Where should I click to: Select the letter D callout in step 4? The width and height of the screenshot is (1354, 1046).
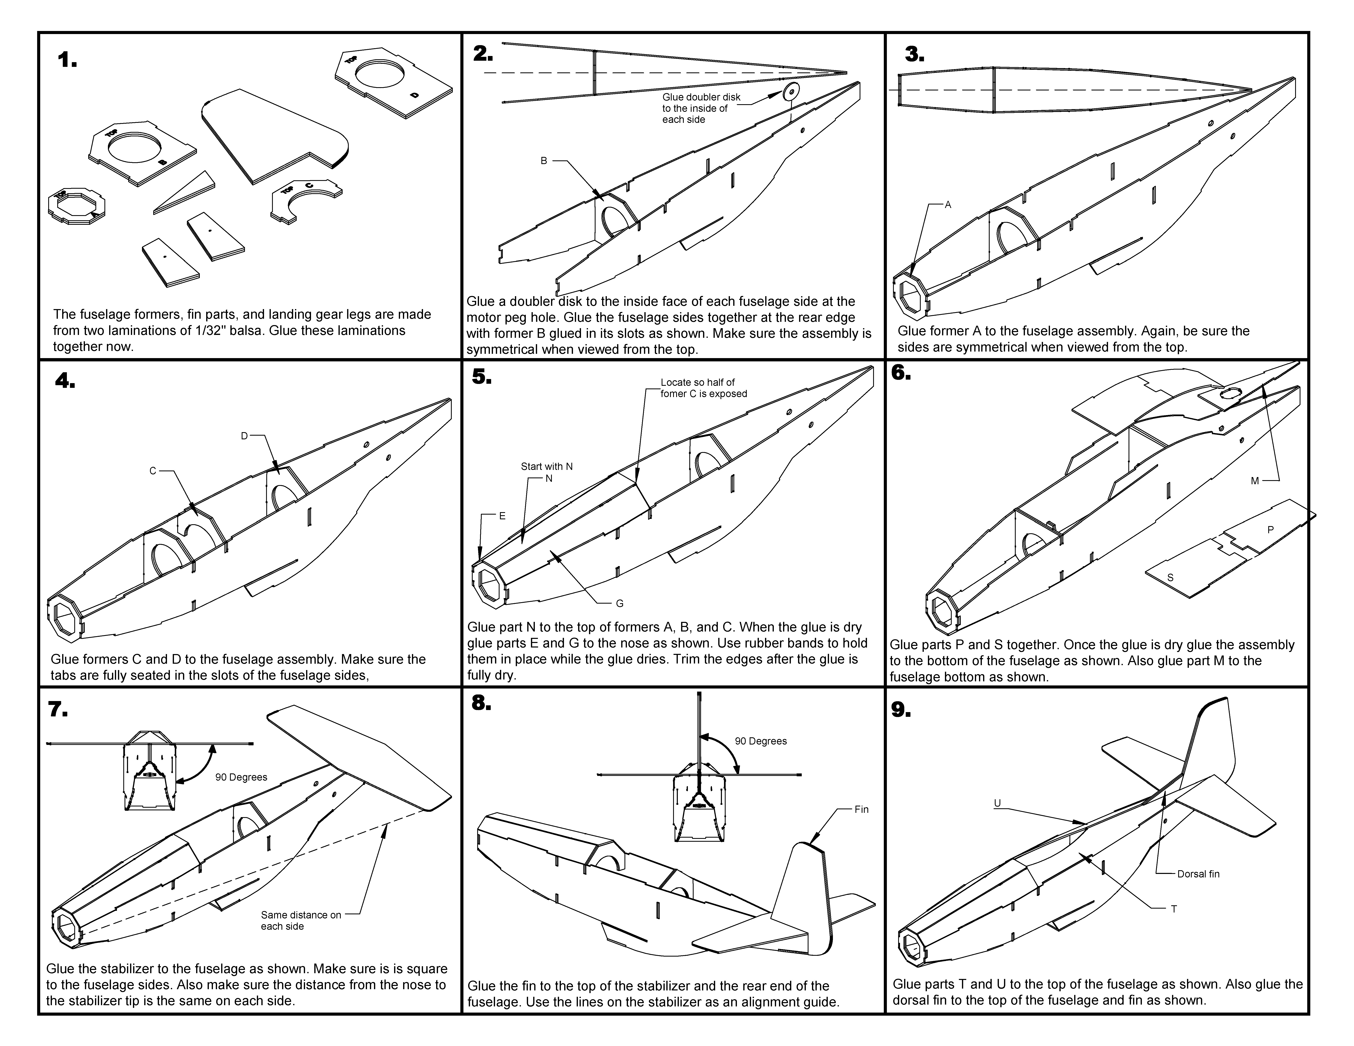[244, 436]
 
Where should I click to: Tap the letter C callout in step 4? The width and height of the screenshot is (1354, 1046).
[152, 471]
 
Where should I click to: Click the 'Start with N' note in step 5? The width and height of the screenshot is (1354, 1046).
[546, 467]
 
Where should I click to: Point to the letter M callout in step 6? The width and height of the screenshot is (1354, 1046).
[1255, 481]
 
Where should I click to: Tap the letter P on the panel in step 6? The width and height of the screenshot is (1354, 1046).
[1270, 530]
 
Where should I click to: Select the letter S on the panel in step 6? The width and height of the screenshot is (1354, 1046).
[1170, 578]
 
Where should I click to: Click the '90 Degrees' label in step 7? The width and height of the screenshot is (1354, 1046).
[241, 777]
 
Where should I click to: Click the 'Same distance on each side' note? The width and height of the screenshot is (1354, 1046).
[301, 920]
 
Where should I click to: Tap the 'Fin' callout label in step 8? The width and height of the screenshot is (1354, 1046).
[861, 809]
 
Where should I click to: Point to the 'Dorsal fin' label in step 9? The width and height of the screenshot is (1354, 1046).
[1198, 874]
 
